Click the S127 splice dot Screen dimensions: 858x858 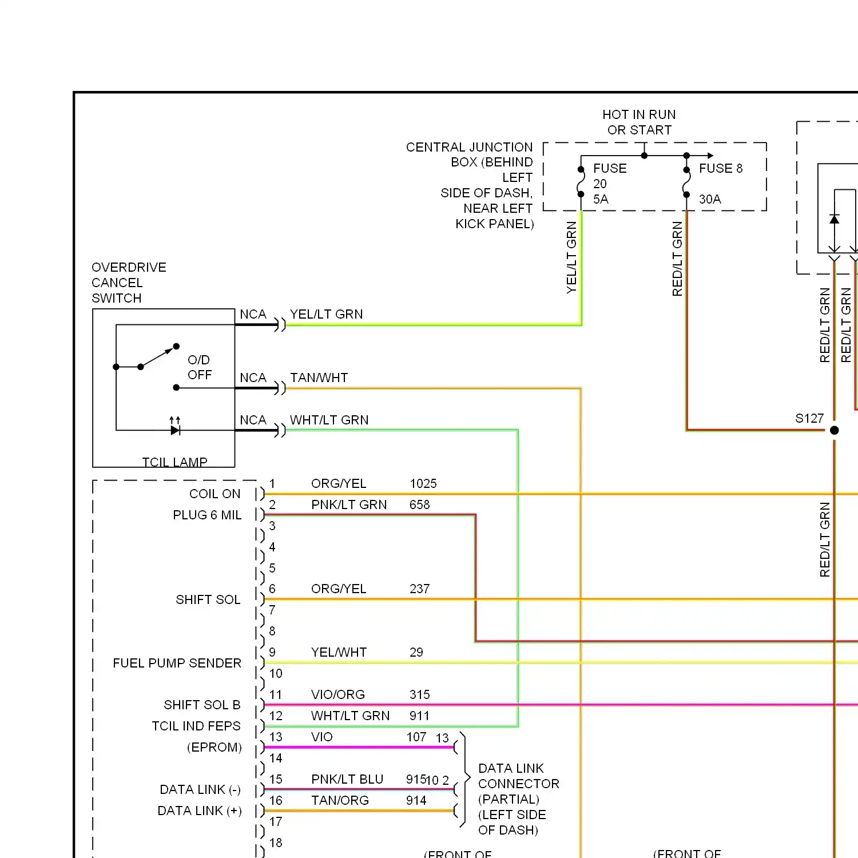pos(835,430)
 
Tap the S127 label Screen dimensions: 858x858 pos(809,418)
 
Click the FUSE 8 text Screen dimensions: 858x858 pos(721,168)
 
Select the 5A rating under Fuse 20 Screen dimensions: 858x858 pos(601,199)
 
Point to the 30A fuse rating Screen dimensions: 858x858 pos(710,199)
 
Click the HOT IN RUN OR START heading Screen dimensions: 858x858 pos(639,122)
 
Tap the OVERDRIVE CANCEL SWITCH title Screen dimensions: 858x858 pos(129,283)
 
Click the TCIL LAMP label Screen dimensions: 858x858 pos(174,462)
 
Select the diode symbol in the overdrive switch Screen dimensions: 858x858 pos(175,430)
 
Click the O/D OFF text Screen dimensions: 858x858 pos(200,367)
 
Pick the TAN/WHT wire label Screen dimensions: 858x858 pos(319,378)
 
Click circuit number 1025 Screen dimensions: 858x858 pos(423,483)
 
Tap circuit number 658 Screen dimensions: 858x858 pos(419,505)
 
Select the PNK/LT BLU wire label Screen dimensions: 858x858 pos(347,779)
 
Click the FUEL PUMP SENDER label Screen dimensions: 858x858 pos(177,663)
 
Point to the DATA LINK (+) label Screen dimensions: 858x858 pos(200,811)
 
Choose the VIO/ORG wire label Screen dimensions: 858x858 pos(338,694)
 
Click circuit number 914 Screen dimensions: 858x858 pos(416,800)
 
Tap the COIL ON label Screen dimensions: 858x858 pos(215,494)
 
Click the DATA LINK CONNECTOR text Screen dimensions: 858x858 pos(518,776)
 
